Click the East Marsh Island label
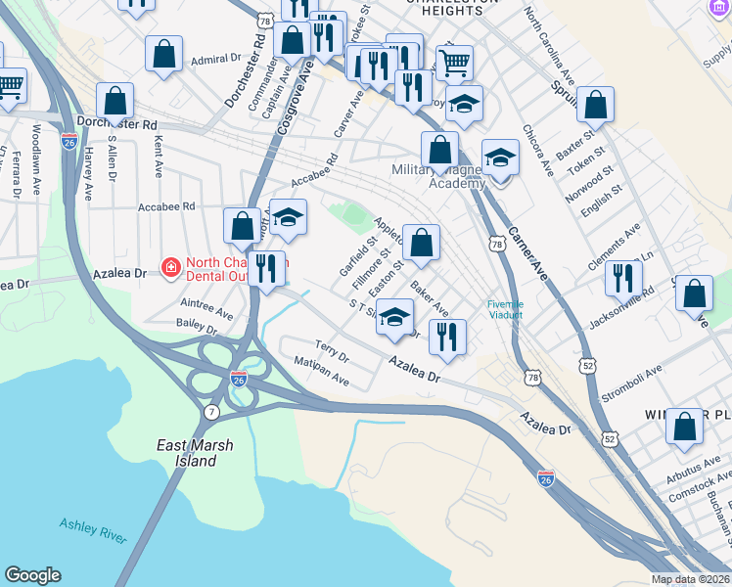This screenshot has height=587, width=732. click(196, 453)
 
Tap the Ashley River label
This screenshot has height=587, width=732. click(93, 530)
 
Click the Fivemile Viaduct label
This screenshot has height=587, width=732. click(506, 309)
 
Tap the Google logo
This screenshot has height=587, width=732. click(32, 575)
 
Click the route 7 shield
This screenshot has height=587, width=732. click(211, 413)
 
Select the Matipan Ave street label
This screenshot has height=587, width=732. click(321, 370)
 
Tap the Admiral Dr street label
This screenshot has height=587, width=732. click(215, 60)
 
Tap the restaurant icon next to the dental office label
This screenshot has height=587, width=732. click(266, 267)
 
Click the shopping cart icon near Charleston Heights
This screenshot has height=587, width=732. click(454, 63)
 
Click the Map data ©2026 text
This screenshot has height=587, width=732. click(691, 579)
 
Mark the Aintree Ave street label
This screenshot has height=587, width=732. click(206, 308)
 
